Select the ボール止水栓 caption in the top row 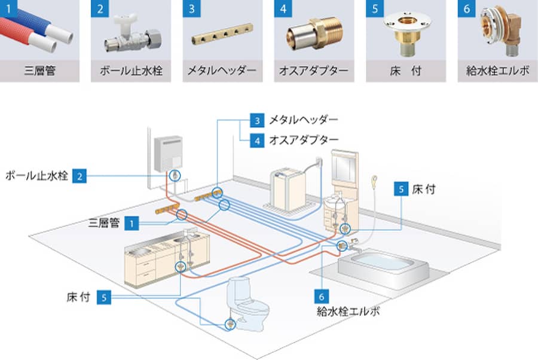point(131,71)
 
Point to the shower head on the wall point(374,179)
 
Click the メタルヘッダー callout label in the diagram point(304,121)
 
